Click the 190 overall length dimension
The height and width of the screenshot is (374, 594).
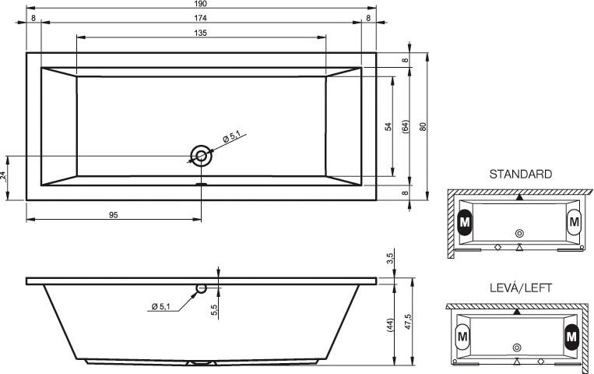200,4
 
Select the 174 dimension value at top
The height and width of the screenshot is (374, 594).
200,18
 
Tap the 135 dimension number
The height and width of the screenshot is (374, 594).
200,33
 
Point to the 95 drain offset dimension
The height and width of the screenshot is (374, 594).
113,215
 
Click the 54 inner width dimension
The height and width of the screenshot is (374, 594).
388,127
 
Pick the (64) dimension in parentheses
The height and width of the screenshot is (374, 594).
406,127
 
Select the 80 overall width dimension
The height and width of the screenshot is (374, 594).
424,127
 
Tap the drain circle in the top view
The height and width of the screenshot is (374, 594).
201,156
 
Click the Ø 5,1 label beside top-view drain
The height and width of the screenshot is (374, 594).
231,136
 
